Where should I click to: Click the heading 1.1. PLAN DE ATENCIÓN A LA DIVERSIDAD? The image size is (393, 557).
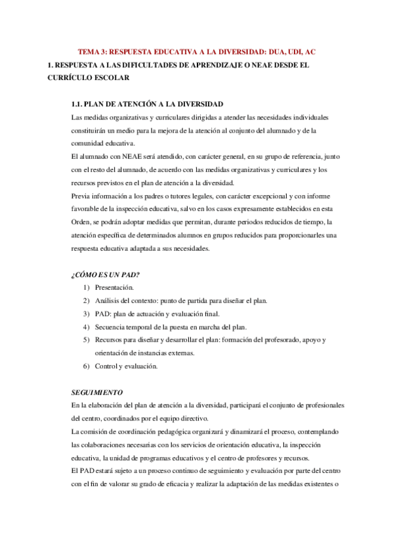tap(147, 104)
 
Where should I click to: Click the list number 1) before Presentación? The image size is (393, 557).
tap(86, 288)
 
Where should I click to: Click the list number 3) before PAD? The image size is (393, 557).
tap(86, 313)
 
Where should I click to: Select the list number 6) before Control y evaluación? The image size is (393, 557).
tap(86, 366)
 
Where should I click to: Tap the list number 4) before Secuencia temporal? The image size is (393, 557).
tap(86, 326)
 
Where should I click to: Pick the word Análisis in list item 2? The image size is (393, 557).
tap(108, 301)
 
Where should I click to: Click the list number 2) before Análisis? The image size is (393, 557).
tap(86, 301)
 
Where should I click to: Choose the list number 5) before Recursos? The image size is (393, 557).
tap(86, 340)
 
